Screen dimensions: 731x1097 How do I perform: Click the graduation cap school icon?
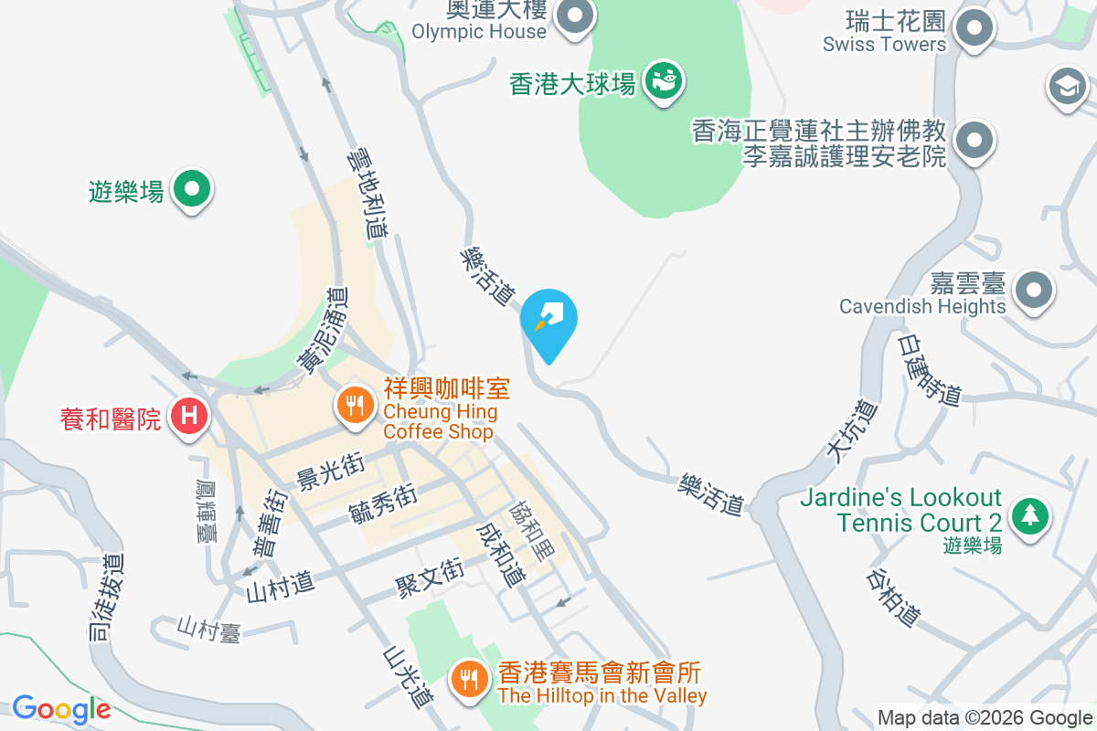[1067, 87]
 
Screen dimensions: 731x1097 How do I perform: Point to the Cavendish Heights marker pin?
[1034, 291]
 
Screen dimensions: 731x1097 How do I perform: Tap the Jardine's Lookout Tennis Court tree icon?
[1030, 516]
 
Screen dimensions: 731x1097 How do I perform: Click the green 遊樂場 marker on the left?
[192, 189]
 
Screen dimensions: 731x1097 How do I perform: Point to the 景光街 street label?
[331, 471]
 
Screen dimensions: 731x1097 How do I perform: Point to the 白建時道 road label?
[931, 368]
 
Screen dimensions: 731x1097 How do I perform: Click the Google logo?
[61, 708]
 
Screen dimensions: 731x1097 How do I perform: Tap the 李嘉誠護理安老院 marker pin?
[974, 141]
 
